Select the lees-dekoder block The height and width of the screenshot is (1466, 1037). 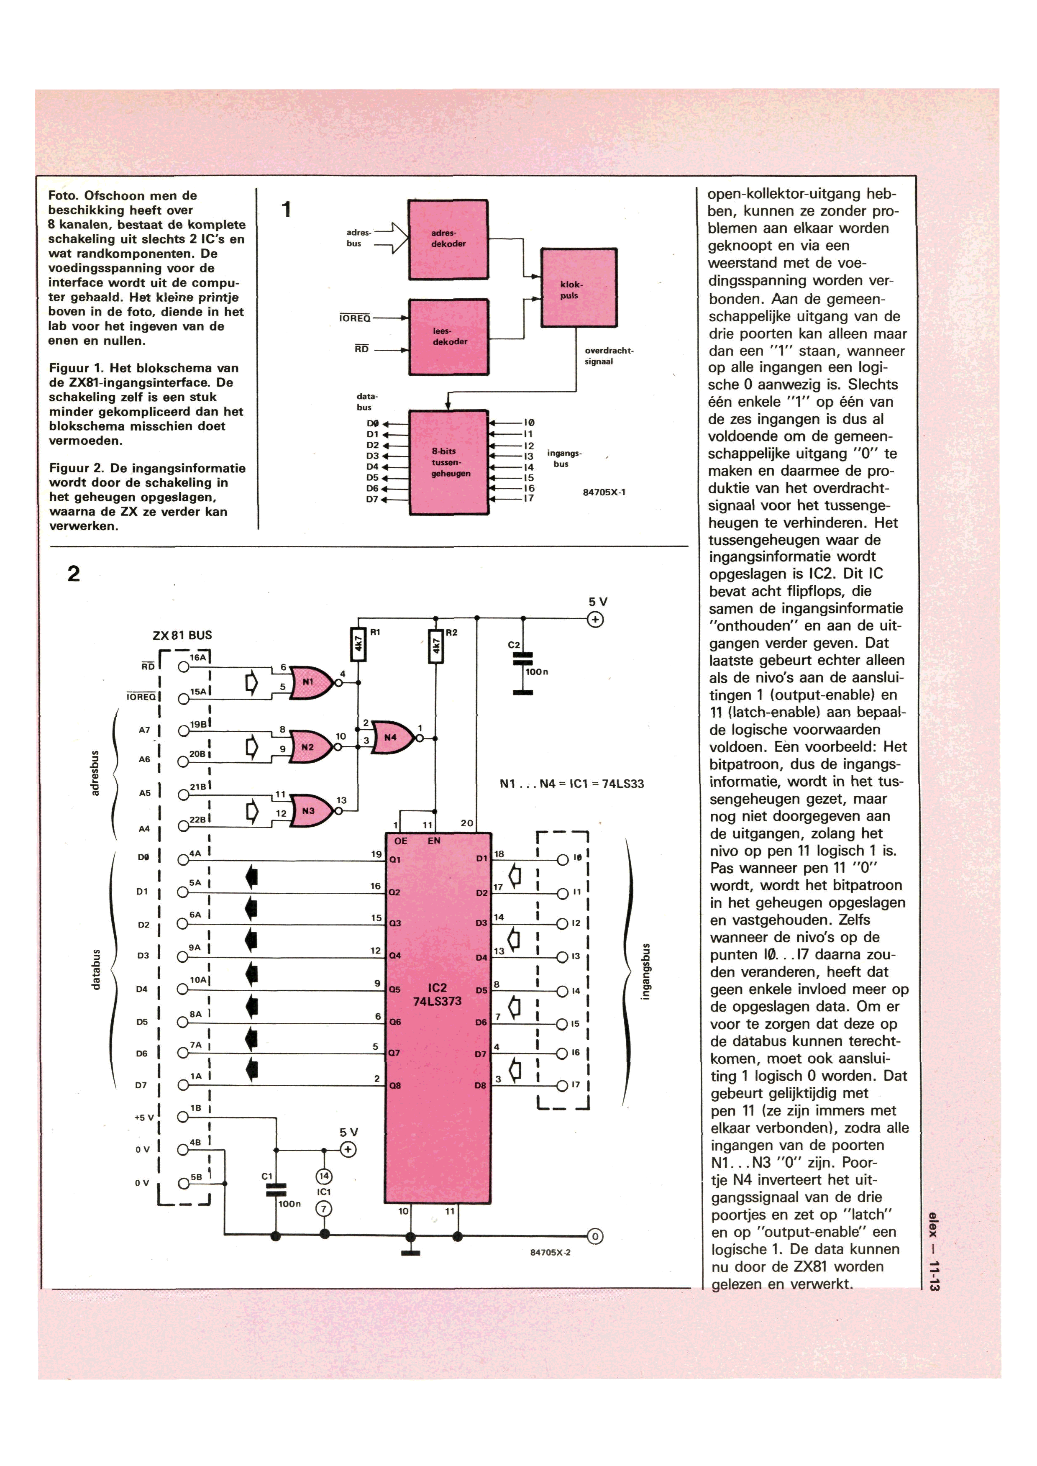[449, 337]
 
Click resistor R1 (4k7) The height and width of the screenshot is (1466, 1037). [358, 645]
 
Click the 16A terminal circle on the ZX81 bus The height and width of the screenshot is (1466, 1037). [184, 666]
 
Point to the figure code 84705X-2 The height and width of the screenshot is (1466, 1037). [551, 1252]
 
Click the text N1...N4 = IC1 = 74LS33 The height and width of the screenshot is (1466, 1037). [571, 784]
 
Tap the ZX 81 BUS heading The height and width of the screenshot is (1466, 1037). [182, 636]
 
